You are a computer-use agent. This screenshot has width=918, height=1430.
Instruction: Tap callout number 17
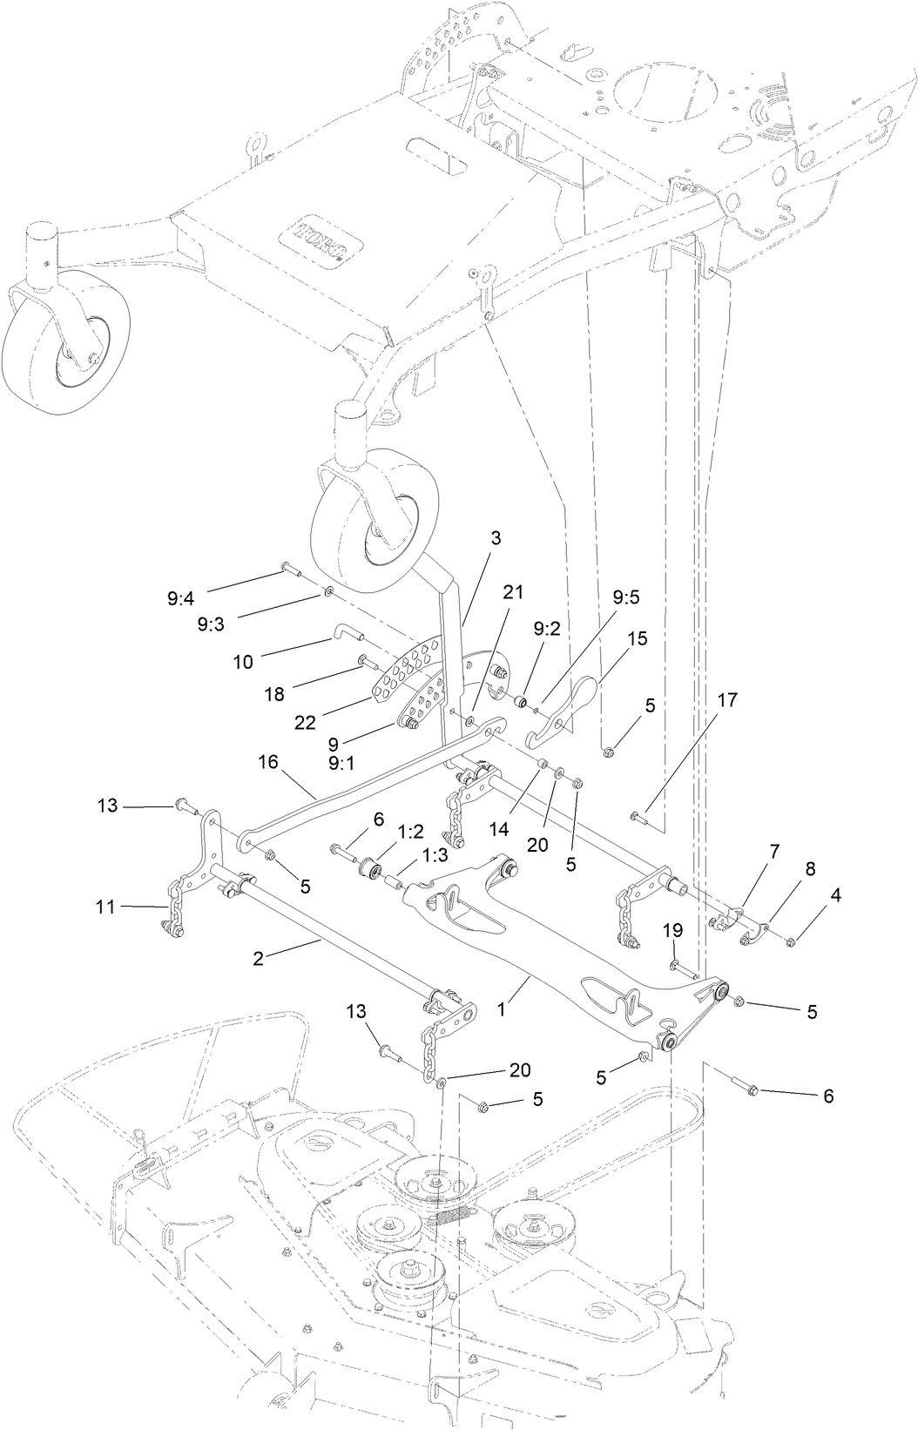point(728,699)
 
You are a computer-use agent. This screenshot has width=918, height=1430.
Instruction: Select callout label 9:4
point(180,598)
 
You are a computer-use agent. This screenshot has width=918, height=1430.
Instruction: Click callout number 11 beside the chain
point(106,907)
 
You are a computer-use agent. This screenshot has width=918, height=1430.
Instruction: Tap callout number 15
point(637,638)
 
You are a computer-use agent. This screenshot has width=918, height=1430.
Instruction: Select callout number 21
point(513,592)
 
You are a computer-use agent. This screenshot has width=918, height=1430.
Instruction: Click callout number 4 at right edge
point(835,894)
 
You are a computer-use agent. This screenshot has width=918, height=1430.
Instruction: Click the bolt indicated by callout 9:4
point(291,570)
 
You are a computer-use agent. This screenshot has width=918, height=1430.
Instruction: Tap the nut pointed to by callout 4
point(790,941)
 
